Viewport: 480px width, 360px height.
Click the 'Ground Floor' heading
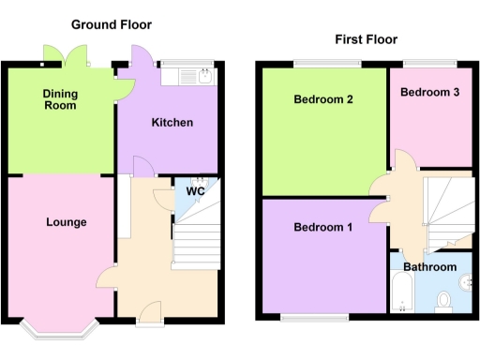[x=111, y=24]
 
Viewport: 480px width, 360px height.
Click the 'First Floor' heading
[x=366, y=39]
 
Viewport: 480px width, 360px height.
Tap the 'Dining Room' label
[x=60, y=99]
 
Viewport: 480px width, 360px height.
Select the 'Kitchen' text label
[x=172, y=123]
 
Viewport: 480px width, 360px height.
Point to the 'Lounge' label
[x=66, y=222]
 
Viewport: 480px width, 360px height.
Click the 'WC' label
[x=195, y=191]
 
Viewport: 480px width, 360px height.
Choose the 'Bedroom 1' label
[x=323, y=228]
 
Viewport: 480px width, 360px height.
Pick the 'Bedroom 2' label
[x=322, y=99]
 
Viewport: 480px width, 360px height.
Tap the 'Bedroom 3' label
[x=429, y=92]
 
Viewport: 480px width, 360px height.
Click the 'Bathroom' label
[x=430, y=267]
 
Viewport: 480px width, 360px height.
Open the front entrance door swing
[x=148, y=310]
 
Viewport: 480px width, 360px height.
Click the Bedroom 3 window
[x=430, y=64]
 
